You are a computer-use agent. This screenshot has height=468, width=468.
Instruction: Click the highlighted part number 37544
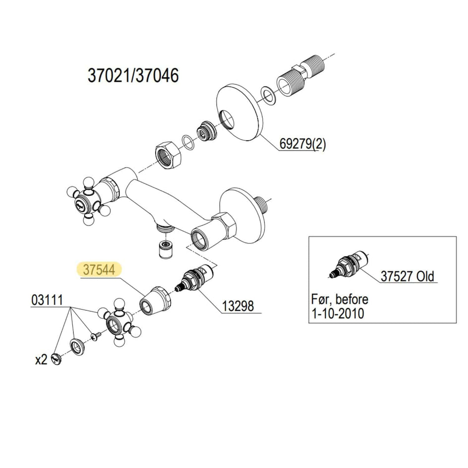point(99,270)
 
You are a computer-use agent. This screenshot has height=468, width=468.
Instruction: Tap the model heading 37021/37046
point(133,75)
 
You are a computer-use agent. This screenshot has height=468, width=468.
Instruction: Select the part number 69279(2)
point(302,144)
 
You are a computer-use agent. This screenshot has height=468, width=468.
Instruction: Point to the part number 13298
point(238,306)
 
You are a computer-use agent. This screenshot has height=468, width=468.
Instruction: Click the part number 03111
point(47,300)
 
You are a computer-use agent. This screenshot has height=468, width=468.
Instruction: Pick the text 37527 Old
point(407,276)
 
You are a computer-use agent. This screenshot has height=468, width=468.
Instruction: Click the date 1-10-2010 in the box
point(338,314)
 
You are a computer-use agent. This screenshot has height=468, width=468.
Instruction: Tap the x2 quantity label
point(41,360)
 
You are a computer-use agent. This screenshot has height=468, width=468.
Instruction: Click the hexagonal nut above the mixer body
point(168,155)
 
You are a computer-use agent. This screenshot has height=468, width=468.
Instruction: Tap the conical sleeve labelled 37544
point(155,300)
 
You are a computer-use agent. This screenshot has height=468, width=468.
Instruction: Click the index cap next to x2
point(56,358)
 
